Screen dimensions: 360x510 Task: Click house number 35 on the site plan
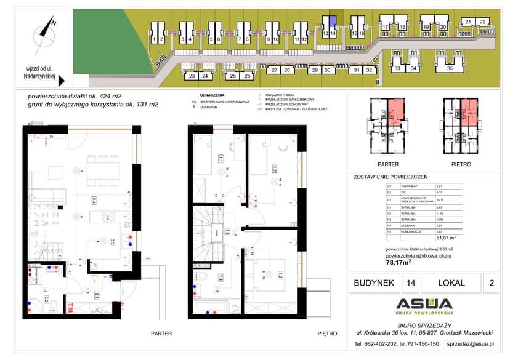pos(450,69)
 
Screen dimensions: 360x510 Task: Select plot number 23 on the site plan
pos(192,76)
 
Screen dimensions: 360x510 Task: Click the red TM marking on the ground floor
pos(72,306)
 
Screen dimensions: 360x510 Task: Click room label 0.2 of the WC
pos(46,300)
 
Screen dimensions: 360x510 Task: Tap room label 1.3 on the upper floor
pos(280,274)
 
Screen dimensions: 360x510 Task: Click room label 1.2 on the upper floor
pos(273,167)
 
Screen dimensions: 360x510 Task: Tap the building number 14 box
pos(410,283)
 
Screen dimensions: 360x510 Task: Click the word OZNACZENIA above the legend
pos(209,95)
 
